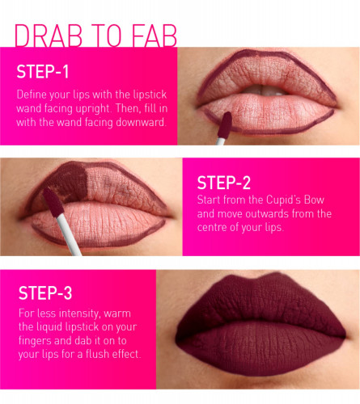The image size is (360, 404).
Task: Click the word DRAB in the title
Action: point(49,36)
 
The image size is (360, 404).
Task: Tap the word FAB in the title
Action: point(155,36)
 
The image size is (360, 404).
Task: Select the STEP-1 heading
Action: point(43,72)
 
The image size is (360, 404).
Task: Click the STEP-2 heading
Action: point(224,183)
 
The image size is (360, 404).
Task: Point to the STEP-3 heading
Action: point(45,292)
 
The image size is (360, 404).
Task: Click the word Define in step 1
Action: point(30,95)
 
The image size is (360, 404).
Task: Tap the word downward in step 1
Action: point(141,122)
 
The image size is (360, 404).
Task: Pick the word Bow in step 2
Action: point(314,200)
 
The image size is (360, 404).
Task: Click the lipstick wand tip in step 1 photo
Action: point(225,125)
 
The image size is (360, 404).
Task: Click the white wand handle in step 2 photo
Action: point(68,234)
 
